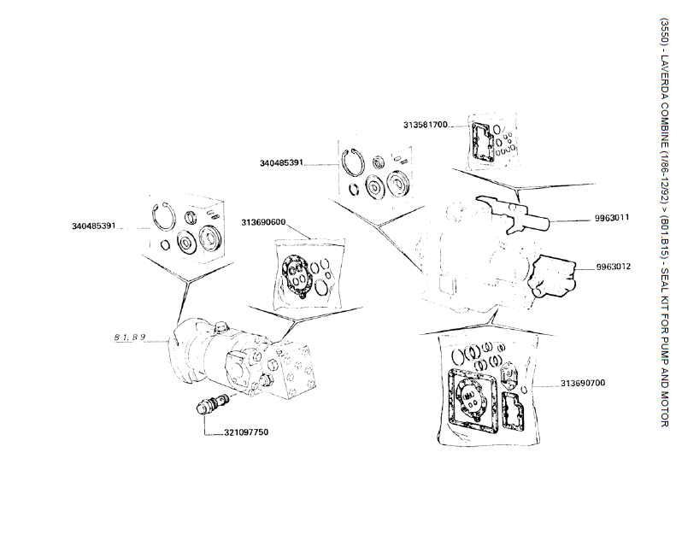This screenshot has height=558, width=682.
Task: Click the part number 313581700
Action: [x=426, y=125]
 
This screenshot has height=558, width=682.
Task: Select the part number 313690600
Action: [x=263, y=224]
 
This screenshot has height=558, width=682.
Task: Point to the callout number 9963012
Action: [x=613, y=267]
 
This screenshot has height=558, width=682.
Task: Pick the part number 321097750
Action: [x=246, y=432]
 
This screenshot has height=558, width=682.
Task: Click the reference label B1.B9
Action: [x=130, y=338]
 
